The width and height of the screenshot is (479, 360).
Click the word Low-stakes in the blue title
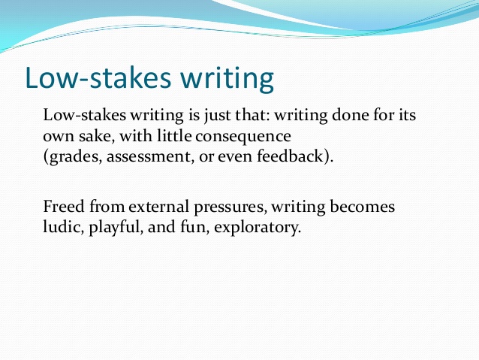coord(98,77)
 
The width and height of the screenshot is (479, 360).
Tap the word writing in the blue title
coord(227,80)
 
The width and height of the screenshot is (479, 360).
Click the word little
coord(174,135)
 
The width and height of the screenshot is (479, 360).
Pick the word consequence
coord(243,137)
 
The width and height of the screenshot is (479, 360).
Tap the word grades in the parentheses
coord(73,156)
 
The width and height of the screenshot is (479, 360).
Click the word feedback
coord(290,156)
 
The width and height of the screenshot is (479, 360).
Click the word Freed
coord(64,206)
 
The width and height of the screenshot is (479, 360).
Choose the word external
coord(158,207)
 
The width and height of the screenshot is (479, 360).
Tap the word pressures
coord(229,208)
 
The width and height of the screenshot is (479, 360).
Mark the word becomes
coord(363,206)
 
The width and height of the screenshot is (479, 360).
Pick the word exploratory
coord(258,228)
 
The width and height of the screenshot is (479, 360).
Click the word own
coord(59,137)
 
